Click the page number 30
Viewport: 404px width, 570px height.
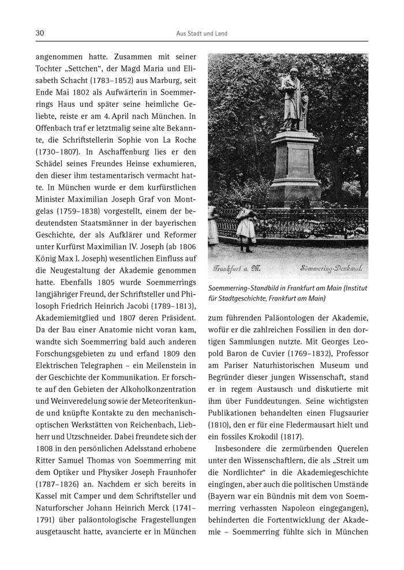[40, 33]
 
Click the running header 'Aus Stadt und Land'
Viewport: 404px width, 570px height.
[201, 33]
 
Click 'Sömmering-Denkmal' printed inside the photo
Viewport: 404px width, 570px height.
[332, 269]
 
